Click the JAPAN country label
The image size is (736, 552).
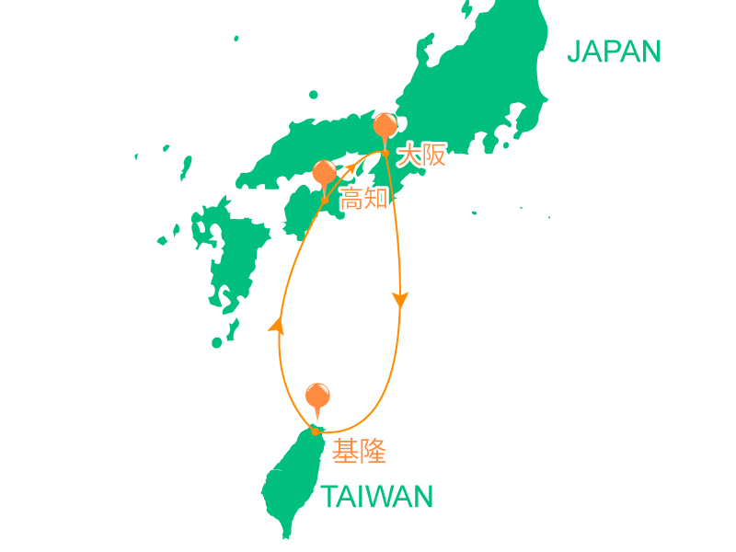click(x=614, y=52)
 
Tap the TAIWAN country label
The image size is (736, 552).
click(x=377, y=498)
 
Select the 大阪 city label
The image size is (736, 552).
click(x=421, y=155)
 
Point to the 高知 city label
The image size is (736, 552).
click(x=365, y=198)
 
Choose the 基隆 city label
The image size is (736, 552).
click(x=359, y=451)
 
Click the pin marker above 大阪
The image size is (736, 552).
click(x=385, y=125)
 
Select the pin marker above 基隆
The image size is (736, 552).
click(x=317, y=396)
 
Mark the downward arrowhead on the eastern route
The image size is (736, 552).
click(x=400, y=300)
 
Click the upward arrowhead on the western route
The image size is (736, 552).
click(x=275, y=323)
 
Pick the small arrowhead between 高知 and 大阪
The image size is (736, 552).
click(x=350, y=167)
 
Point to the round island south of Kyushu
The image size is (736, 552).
click(x=217, y=342)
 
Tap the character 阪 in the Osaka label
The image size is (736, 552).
click(x=434, y=155)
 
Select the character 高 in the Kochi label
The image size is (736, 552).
click(x=352, y=198)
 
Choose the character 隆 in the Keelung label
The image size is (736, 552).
click(x=373, y=451)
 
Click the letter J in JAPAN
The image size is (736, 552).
click(x=574, y=52)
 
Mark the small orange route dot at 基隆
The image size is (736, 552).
click(x=315, y=431)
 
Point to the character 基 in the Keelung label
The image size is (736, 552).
click(x=346, y=451)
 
